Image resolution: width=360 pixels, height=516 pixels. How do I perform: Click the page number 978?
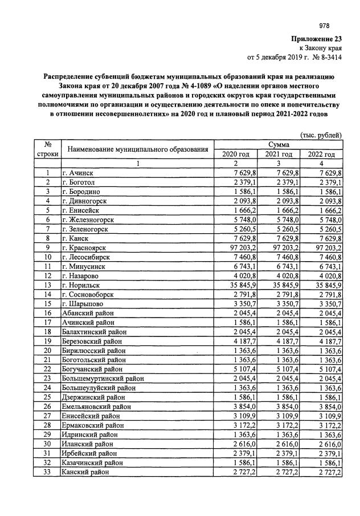(x=324, y=26)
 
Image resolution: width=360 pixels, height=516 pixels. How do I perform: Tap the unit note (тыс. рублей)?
(x=321, y=135)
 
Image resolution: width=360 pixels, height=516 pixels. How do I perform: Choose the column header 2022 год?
(x=322, y=154)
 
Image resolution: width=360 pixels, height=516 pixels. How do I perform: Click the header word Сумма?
(x=279, y=145)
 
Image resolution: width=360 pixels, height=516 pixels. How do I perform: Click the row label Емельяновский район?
(x=96, y=407)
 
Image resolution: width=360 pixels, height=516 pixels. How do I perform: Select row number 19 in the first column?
(x=48, y=341)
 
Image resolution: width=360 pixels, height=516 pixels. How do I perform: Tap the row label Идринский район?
(x=88, y=434)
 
